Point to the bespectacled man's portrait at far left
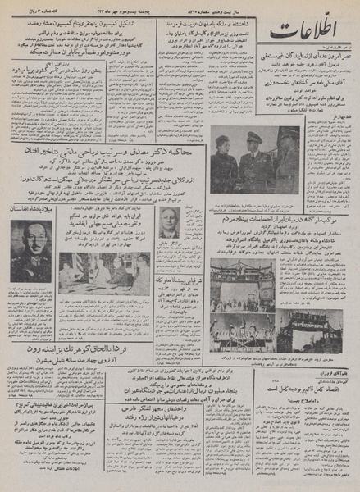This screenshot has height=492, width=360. tap(30, 251)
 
